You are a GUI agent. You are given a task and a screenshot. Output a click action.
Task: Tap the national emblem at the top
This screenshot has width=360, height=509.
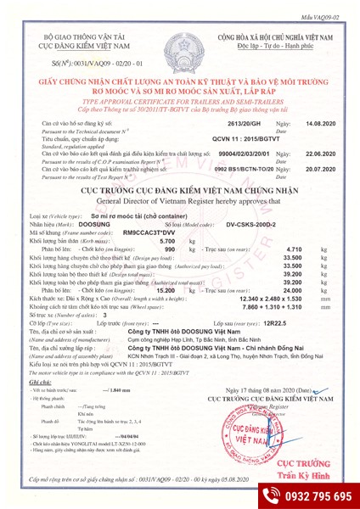click(x=179, y=43)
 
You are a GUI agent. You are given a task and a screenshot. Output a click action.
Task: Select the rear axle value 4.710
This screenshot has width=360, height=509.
click(x=278, y=249)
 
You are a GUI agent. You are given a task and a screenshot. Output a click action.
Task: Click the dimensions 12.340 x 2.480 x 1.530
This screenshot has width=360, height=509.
click(x=255, y=299)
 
